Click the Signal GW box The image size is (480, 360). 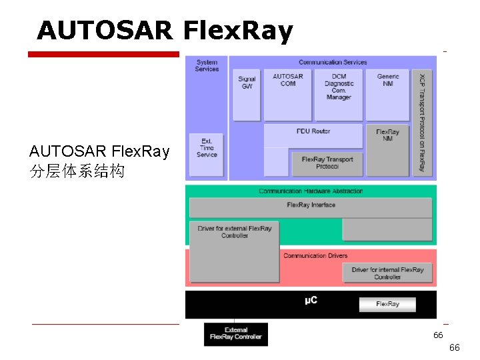pyautogui.click(x=247, y=94)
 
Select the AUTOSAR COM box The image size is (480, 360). pyautogui.click(x=288, y=94)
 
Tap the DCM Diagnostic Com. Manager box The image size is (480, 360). pyautogui.click(x=339, y=94)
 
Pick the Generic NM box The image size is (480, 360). pyautogui.click(x=388, y=94)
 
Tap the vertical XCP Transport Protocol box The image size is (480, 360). pyautogui.click(x=421, y=123)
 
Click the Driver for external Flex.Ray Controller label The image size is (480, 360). pyautogui.click(x=235, y=232)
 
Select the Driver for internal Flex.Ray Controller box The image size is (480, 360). pyautogui.click(x=387, y=273)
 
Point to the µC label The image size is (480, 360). pyautogui.click(x=311, y=301)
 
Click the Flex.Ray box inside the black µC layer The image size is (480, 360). pyautogui.click(x=387, y=304)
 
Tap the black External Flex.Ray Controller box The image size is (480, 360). pyautogui.click(x=236, y=334)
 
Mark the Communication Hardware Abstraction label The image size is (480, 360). pyautogui.click(x=311, y=191)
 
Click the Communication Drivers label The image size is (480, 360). pyautogui.click(x=315, y=255)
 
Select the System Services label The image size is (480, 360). pyautogui.click(x=207, y=66)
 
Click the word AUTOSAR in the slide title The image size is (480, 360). pyautogui.click(x=105, y=30)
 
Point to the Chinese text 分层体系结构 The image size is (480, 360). pyautogui.click(x=77, y=171)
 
